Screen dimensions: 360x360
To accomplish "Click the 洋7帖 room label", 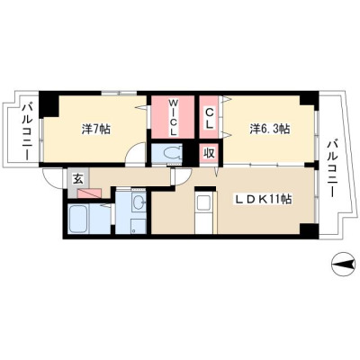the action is [x=96, y=129].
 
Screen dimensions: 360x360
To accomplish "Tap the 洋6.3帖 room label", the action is [x=270, y=129].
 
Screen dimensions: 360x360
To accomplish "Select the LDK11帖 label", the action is [x=263, y=199].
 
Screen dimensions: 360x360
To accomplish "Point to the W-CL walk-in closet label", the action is [x=173, y=117].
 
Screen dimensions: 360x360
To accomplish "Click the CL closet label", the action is [x=209, y=118].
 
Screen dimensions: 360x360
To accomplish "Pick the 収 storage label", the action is [x=210, y=153].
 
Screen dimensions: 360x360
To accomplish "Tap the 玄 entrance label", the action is [x=77, y=179].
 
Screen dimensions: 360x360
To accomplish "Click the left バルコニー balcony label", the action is [x=27, y=130].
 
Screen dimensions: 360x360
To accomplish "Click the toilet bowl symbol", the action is [x=172, y=153].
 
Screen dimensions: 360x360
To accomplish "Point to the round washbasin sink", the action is [x=139, y=202].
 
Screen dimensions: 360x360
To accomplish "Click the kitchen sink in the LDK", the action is [x=203, y=202].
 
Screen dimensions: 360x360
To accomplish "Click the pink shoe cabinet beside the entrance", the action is [x=89, y=193].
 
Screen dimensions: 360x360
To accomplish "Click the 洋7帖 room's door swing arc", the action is [x=134, y=152].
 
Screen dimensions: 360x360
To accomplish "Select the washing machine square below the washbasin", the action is [x=139, y=226].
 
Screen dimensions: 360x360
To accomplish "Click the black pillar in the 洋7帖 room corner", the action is [x=48, y=103].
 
